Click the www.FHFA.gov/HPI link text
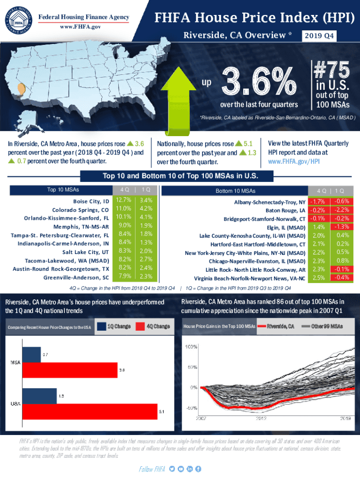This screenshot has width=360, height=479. [x=294, y=161]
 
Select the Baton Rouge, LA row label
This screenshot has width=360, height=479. [x=286, y=210]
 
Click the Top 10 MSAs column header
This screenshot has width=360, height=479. [x=63, y=190]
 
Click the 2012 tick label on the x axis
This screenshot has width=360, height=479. [x=261, y=419]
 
